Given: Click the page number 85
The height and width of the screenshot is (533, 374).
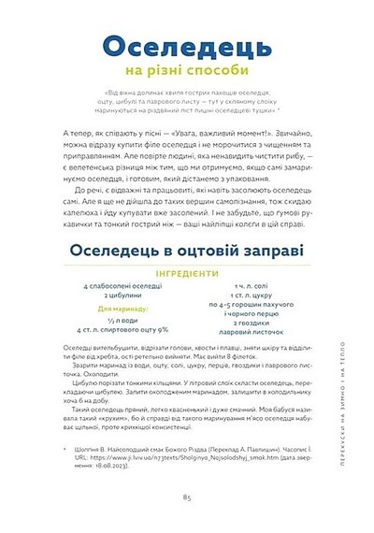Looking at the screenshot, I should click(x=187, y=498).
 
